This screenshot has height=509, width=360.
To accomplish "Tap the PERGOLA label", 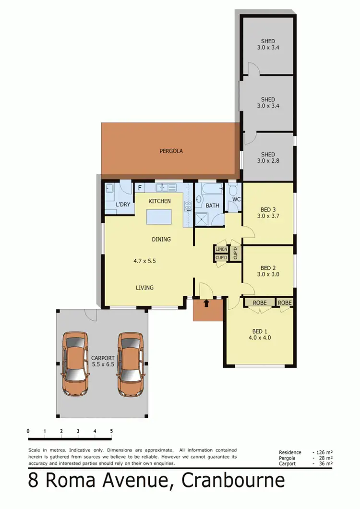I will [171, 151].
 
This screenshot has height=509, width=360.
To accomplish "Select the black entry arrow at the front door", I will [206, 303].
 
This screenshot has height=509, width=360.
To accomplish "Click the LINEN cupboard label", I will [221, 249].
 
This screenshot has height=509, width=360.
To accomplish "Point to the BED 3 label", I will [268, 209].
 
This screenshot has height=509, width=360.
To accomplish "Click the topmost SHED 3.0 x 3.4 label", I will [268, 44].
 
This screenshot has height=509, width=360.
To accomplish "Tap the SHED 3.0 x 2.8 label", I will [268, 158].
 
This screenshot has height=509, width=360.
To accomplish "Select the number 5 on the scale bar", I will [111, 431].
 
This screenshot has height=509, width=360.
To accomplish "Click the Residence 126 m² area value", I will [323, 452].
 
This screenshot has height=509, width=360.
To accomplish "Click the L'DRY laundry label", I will [123, 205].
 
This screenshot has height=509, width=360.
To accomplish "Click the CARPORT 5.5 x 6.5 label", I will [103, 361].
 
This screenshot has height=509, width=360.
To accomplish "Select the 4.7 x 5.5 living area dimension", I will [144, 261].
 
